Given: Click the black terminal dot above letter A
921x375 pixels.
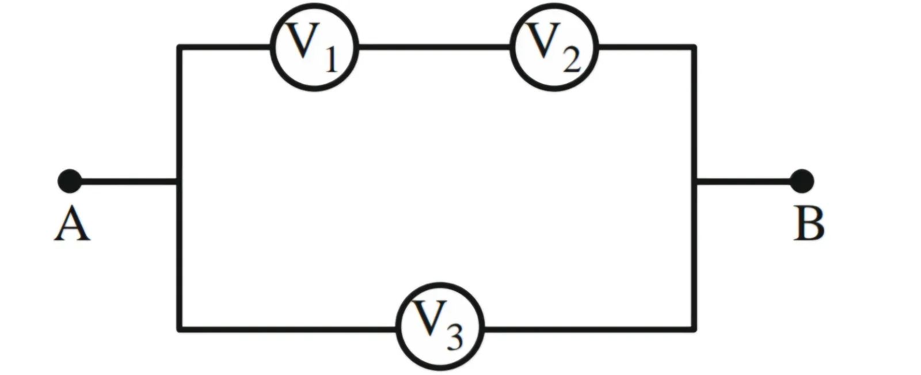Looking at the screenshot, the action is coord(70,181).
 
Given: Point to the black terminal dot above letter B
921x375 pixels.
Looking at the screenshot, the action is coord(802,181).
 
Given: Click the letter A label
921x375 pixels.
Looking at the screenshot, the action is coord(72,224).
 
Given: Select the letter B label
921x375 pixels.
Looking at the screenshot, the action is coord(808,224).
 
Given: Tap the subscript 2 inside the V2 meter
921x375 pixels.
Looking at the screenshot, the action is coord(572,60).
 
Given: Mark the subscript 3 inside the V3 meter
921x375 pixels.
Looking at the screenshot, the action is coord(454,338).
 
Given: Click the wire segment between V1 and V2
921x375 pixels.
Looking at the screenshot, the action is coord(434,47).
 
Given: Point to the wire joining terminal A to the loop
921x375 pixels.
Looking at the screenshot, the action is coord(129,181).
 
